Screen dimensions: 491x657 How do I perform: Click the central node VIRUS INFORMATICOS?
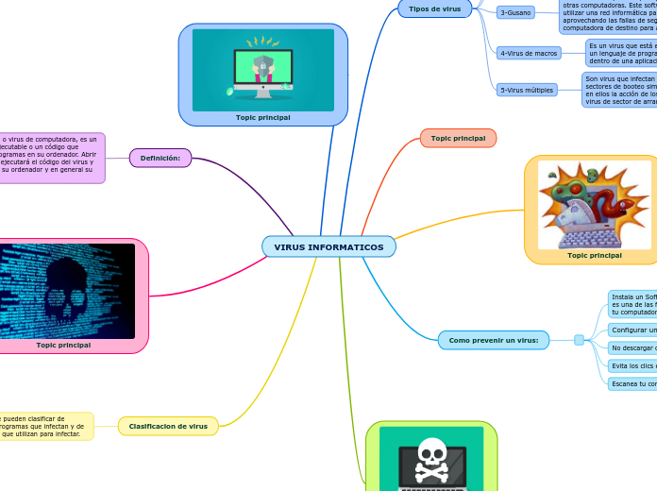coord(328,247)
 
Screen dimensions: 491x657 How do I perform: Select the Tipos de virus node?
coord(434,8)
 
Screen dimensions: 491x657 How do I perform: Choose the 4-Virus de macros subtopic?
coord(529,53)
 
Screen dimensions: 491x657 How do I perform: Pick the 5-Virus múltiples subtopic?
coord(527,90)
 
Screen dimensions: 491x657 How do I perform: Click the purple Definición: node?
coord(160,158)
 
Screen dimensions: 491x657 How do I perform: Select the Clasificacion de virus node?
coord(168,426)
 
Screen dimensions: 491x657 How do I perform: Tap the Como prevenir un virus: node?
coord(493,340)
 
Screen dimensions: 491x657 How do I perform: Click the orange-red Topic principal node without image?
coord(458,138)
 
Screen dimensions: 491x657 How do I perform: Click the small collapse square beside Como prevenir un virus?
coord(579,340)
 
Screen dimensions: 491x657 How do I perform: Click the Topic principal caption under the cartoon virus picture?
coord(595,255)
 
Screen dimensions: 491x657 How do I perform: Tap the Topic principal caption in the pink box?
coord(63,345)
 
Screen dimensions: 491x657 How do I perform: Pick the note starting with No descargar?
coord(632,347)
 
